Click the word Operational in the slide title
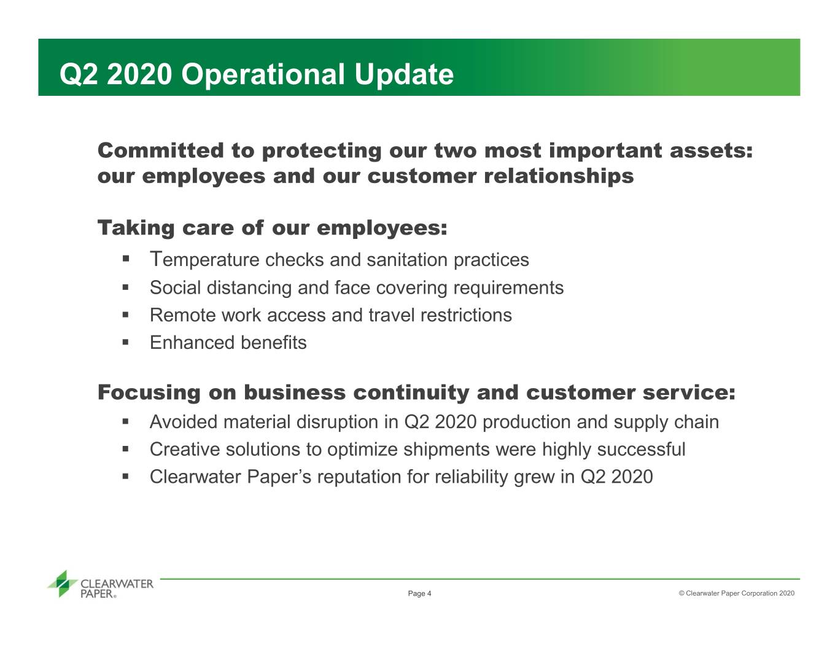pos(263,75)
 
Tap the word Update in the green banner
pos(404,74)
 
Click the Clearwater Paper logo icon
pos(63,584)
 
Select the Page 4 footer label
pos(419,593)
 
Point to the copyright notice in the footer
pos(737,593)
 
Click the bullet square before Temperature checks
pos(125,259)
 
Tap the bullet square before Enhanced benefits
pos(125,342)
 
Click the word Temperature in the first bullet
pos(204,260)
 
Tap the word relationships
pos(559,177)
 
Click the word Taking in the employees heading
pos(136,228)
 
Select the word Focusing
pos(149,392)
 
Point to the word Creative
pos(185,450)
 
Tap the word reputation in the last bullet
pos(359,477)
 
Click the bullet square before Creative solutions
pos(125,448)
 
